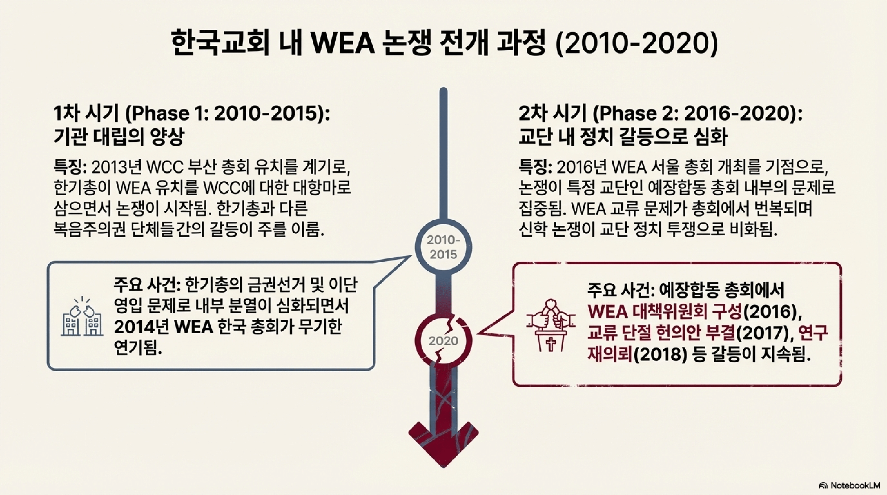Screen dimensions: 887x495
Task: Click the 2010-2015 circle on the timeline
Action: [444, 247]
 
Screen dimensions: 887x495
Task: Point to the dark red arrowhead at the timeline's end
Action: [444, 444]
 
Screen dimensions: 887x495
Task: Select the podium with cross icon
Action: [551, 325]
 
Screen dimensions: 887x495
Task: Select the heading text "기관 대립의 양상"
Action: [119, 137]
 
